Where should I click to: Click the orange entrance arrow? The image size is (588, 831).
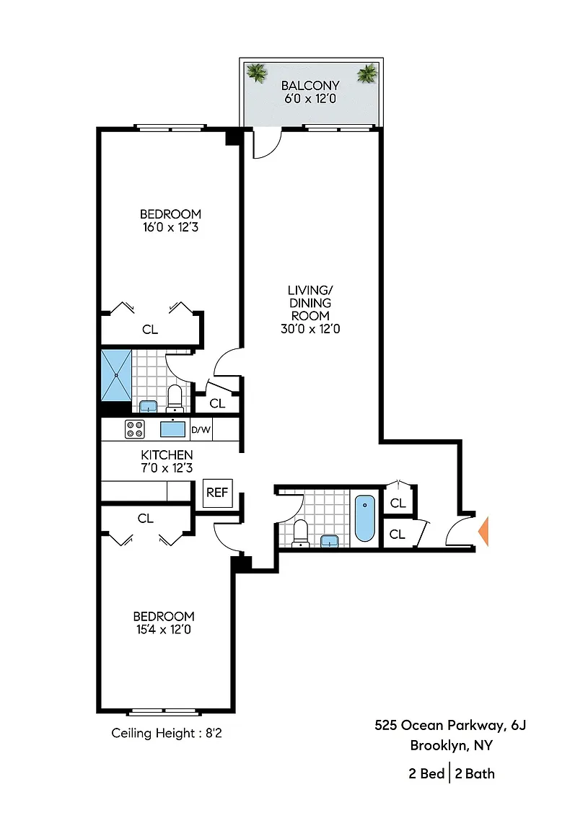[483, 531]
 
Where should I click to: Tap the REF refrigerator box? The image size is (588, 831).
[217, 493]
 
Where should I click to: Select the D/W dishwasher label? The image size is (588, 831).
[201, 430]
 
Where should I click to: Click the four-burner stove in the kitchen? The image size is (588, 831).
[135, 429]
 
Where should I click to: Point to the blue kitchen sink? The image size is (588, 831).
[173, 428]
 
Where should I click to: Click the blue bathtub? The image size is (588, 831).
[365, 519]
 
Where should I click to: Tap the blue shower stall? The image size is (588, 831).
[116, 375]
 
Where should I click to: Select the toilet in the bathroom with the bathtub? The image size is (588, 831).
[301, 533]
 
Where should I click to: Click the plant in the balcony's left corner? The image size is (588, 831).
[257, 73]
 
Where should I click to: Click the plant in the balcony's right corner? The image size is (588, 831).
[367, 74]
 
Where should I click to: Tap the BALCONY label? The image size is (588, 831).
[310, 85]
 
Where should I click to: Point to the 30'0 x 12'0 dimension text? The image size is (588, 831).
[310, 329]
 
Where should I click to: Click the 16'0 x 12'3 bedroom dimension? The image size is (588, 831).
[171, 227]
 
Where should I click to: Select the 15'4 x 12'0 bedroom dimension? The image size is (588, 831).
[164, 630]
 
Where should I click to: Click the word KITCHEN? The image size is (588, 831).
[167, 454]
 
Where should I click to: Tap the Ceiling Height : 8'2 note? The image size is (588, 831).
[167, 734]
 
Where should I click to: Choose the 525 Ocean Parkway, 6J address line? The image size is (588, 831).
[451, 726]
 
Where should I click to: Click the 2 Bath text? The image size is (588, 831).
[475, 774]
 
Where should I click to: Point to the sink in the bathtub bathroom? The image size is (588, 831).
[329, 540]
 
